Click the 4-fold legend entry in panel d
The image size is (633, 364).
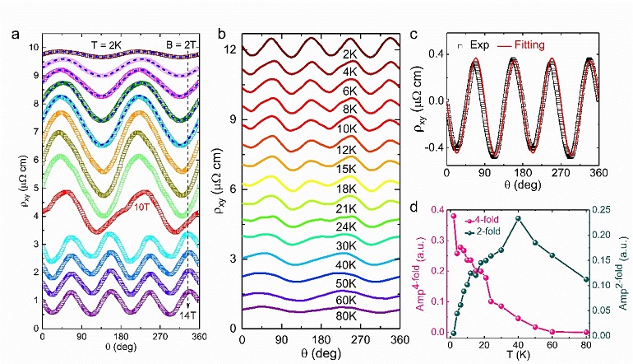point(487,220)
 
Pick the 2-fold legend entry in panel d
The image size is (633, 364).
point(487,231)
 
